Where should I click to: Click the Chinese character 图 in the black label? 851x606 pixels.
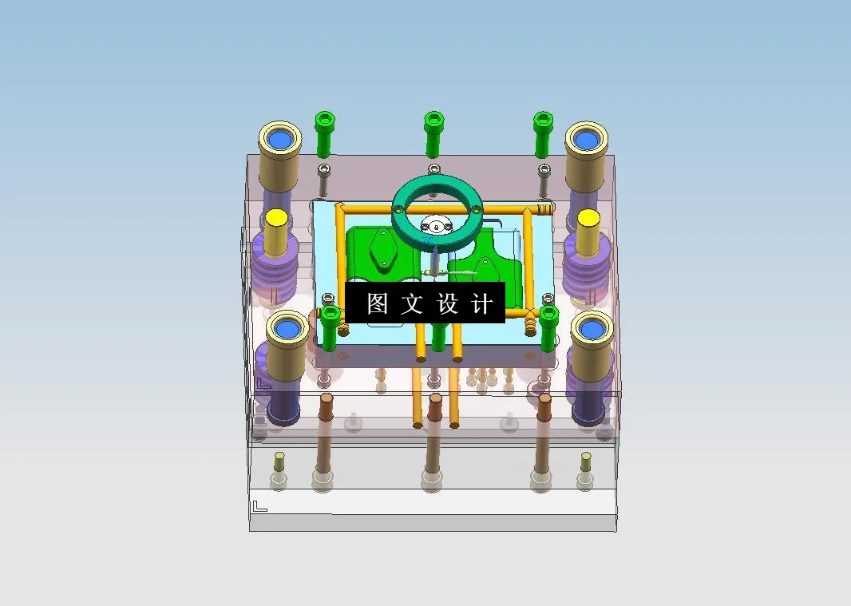click(x=377, y=303)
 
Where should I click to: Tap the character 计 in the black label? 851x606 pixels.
click(x=482, y=303)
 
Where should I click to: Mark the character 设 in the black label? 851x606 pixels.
click(x=447, y=303)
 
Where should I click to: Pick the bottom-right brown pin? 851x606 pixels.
click(x=544, y=435)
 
